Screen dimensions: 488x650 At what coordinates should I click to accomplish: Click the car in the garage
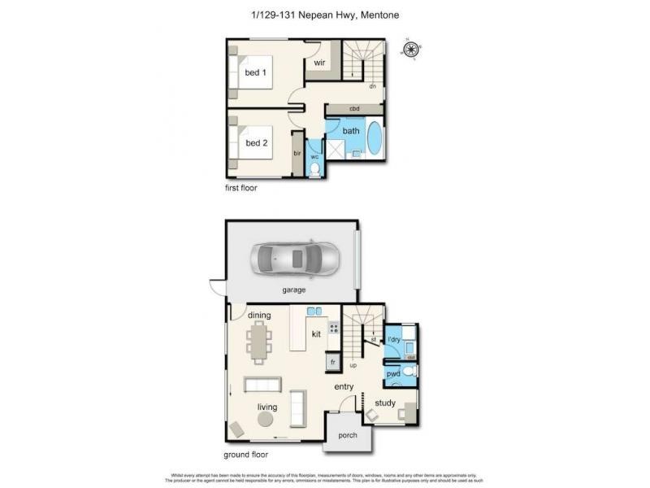(292, 259)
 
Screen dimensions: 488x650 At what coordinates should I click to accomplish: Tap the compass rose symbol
(412, 50)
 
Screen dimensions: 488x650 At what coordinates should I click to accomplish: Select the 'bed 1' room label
(256, 73)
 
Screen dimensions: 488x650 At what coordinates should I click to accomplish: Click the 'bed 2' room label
(256, 143)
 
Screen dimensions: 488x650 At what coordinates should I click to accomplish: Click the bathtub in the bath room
(375, 142)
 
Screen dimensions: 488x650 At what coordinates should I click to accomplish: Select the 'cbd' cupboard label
(354, 109)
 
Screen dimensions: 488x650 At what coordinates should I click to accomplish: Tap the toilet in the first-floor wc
(315, 168)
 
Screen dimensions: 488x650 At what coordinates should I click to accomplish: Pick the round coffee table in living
(265, 420)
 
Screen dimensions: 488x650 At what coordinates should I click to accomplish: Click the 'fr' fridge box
(331, 362)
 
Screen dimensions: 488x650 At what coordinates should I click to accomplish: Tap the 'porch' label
(347, 435)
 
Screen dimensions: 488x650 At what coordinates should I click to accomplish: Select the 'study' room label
(385, 403)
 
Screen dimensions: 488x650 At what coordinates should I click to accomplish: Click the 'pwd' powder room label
(394, 373)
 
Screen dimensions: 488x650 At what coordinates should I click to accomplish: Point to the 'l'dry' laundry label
(395, 339)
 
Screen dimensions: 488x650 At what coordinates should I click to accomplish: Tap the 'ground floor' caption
(245, 455)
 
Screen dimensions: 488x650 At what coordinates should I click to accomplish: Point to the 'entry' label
(344, 387)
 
